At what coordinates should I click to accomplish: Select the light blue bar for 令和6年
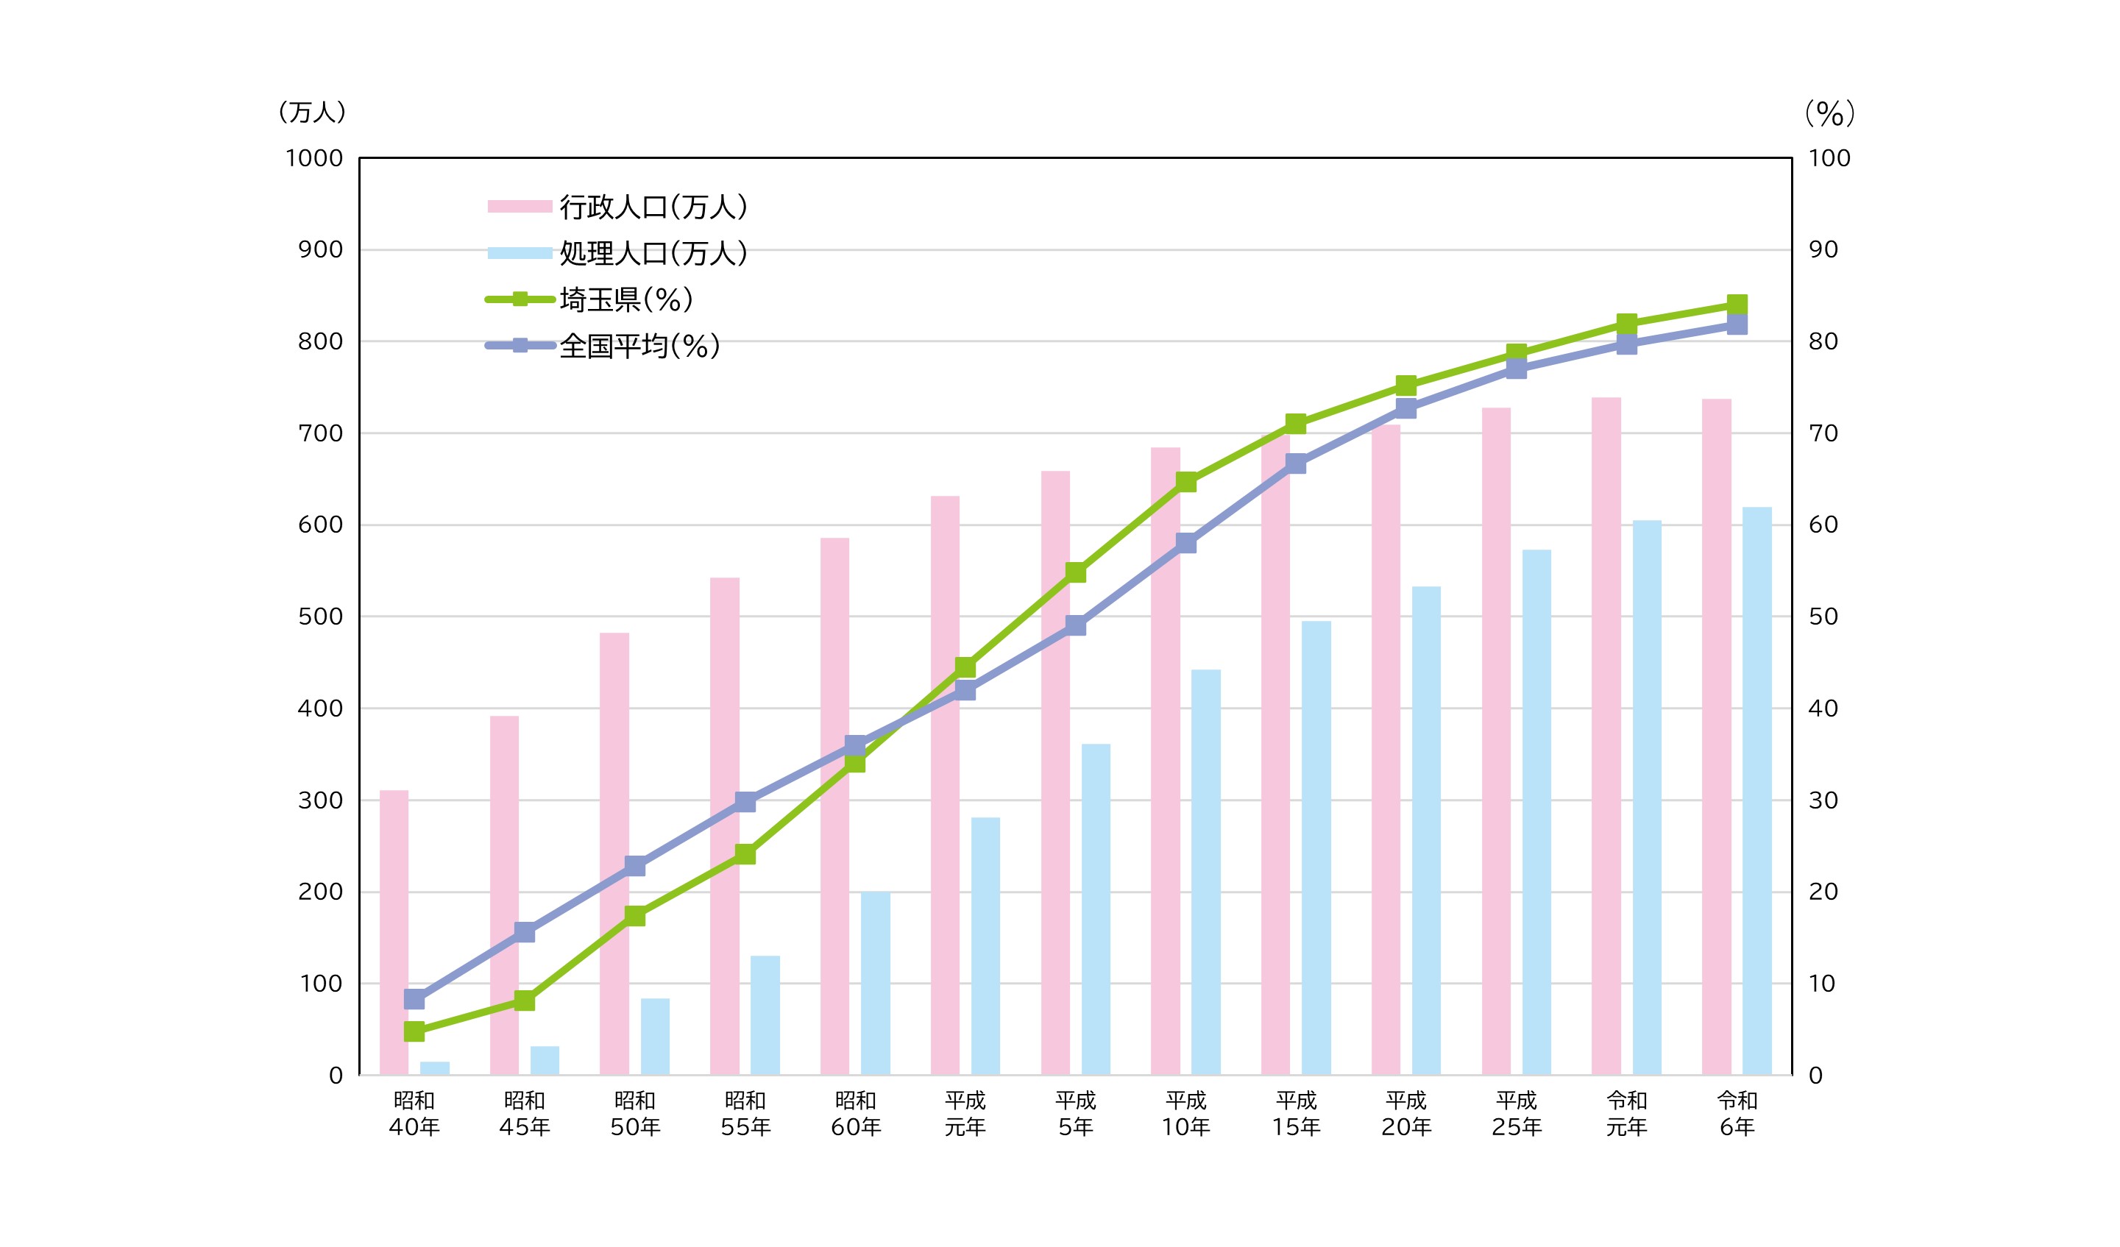click(1756, 790)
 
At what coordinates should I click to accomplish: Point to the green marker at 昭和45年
click(524, 1001)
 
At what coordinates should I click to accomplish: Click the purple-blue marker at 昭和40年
click(414, 999)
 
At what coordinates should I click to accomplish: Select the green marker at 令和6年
click(1737, 305)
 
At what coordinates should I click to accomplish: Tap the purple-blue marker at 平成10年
click(1185, 542)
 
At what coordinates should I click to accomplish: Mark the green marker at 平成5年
click(1075, 572)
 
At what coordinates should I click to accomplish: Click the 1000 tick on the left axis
click(313, 158)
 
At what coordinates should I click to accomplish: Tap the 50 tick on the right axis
click(1823, 617)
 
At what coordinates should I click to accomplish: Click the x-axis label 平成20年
click(1405, 1113)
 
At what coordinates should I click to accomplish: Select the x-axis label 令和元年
click(1626, 1113)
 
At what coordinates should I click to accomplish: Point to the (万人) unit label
click(311, 112)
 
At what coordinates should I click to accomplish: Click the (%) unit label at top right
click(1830, 113)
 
